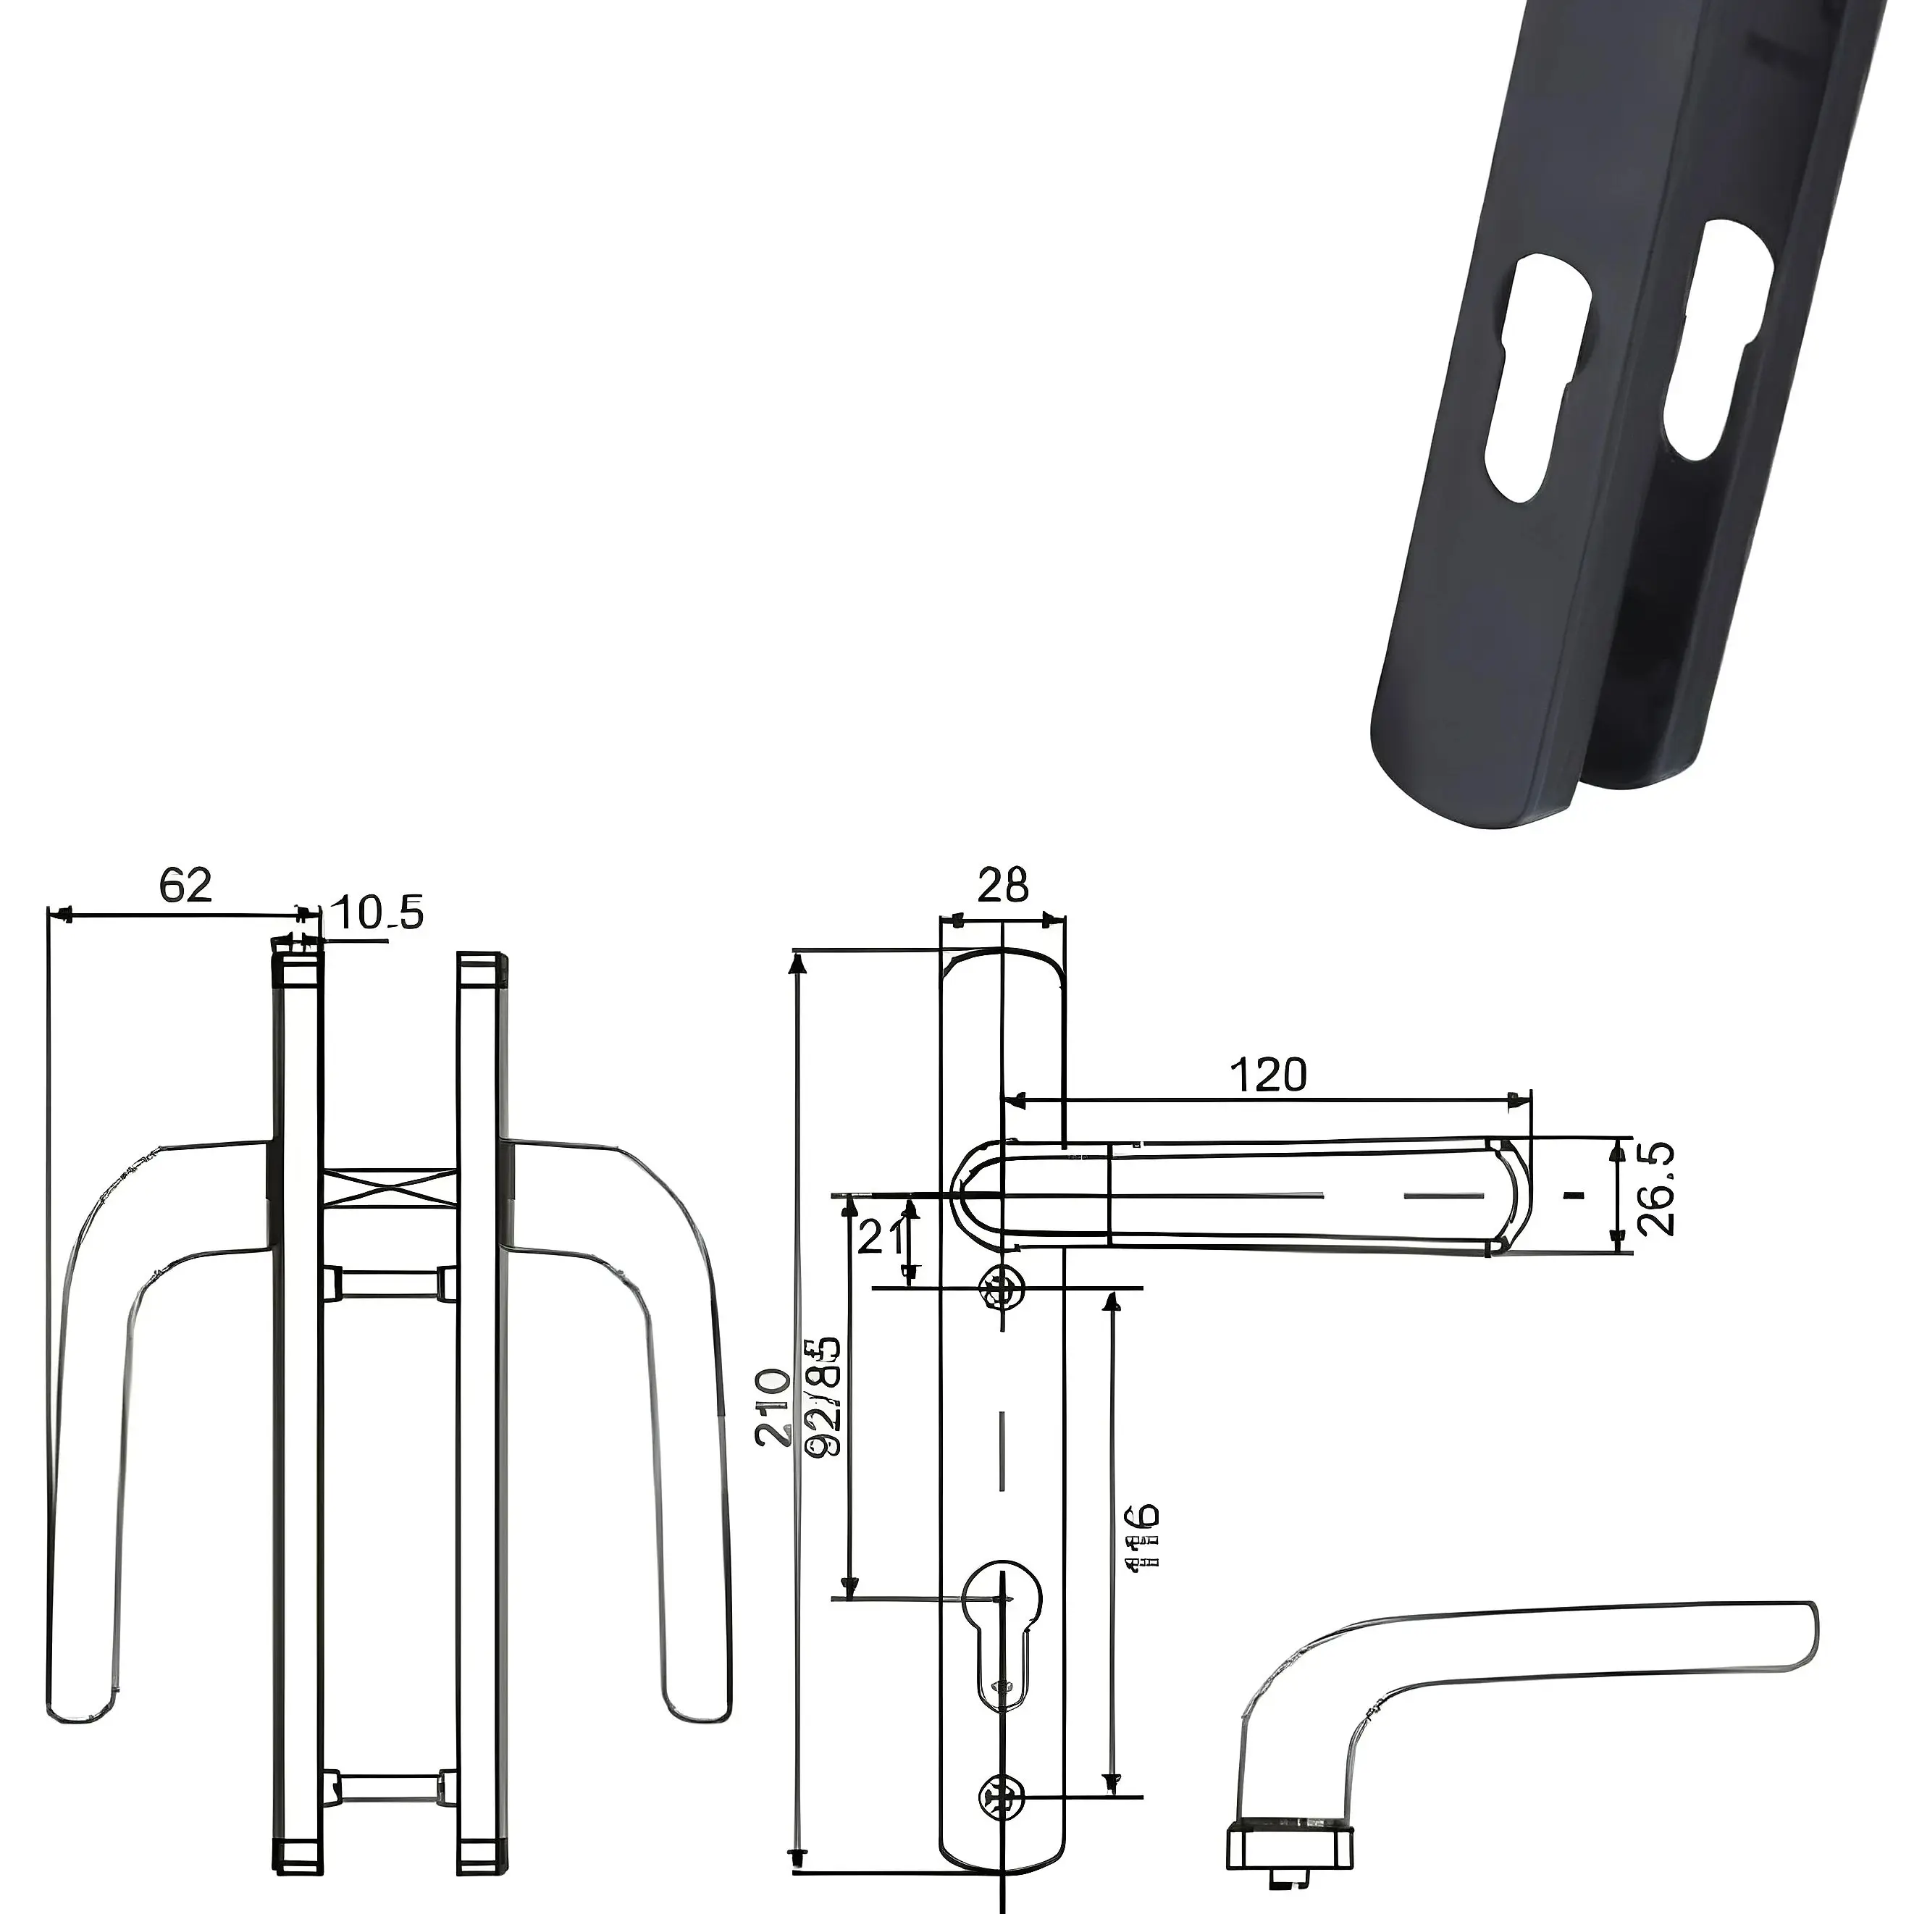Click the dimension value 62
click(186, 885)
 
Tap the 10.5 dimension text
click(377, 912)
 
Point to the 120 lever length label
click(1268, 1075)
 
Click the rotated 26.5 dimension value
click(1655, 1190)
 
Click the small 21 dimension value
click(881, 1238)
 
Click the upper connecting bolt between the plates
click(390, 1284)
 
